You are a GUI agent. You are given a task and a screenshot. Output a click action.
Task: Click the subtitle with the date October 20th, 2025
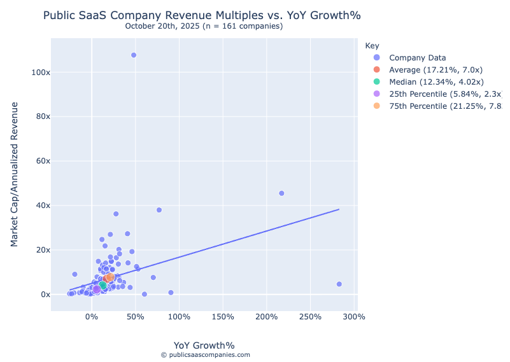[x=204, y=26]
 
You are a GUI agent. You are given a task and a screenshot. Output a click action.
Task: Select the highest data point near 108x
[x=134, y=55]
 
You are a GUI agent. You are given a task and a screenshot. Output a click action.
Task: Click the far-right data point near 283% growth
[x=339, y=284]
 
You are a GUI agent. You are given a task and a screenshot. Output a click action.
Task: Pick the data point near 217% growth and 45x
[x=281, y=193]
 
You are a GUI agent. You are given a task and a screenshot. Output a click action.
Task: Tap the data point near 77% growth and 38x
[x=159, y=210]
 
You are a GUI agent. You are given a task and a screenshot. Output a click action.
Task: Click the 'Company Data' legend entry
[x=417, y=58]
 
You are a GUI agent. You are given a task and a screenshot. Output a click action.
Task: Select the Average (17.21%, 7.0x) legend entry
[x=436, y=70]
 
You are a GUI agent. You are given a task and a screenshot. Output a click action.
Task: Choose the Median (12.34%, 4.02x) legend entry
[x=436, y=82]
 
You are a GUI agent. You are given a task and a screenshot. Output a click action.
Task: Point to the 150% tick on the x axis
[x=223, y=317]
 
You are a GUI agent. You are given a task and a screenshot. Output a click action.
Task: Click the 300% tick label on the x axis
[x=354, y=317]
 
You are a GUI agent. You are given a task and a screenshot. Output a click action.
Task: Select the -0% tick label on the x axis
[x=92, y=317]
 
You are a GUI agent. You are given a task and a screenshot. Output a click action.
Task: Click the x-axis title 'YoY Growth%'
[x=204, y=345]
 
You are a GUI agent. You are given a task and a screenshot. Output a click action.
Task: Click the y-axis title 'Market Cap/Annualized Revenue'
[x=15, y=174]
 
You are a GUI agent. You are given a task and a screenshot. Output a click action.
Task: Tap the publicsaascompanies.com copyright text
[x=205, y=355]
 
